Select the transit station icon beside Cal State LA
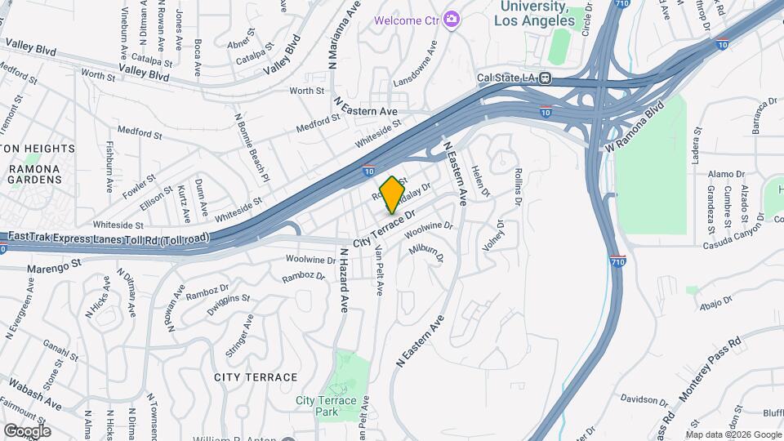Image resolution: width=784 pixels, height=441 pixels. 545,79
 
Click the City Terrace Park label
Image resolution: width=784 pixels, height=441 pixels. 326,406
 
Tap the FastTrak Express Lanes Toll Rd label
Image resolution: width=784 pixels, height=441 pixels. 108,237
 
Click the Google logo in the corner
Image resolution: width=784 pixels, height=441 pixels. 26,430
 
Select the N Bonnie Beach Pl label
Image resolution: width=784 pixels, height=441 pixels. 251,146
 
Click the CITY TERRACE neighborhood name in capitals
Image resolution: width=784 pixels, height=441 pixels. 256,377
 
